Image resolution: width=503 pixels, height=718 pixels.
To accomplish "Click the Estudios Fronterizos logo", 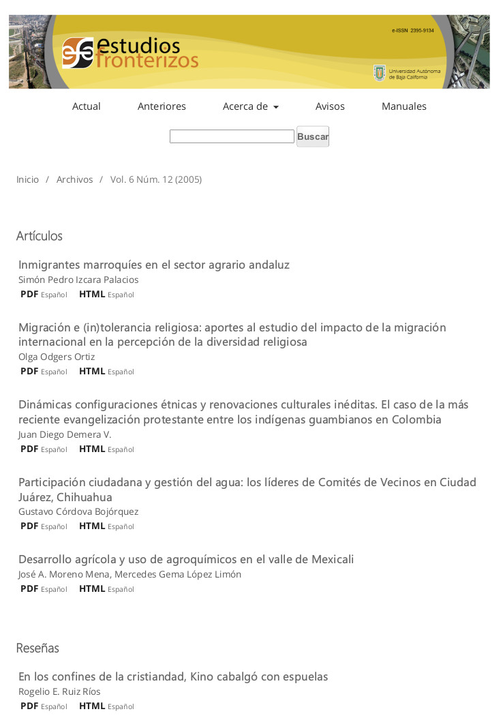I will (129, 53).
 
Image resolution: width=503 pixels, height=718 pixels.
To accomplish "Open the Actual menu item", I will (87, 106).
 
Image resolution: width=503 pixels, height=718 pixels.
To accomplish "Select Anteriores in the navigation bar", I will (162, 106).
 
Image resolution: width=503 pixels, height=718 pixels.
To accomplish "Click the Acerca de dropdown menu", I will (250, 106).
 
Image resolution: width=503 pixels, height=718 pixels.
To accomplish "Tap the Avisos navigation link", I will (330, 106).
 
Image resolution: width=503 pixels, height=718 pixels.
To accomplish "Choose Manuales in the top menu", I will (403, 106).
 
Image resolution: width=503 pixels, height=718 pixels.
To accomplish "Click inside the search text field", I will (232, 136).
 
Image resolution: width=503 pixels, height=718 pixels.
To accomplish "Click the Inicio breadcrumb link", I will (28, 179).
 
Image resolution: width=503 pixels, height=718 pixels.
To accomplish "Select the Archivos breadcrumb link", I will (74, 179).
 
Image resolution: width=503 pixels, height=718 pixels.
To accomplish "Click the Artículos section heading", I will (40, 236).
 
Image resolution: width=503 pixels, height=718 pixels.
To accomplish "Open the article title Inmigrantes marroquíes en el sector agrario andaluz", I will (154, 265).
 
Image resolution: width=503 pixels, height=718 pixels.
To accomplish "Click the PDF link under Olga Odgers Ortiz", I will (29, 371).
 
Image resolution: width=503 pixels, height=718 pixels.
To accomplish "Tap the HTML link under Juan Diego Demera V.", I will (92, 449).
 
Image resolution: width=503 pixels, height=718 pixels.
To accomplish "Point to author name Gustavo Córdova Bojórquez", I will (78, 511).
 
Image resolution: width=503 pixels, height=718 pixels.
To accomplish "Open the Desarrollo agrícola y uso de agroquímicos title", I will (186, 559).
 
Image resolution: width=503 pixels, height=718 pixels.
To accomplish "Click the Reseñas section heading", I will (37, 648).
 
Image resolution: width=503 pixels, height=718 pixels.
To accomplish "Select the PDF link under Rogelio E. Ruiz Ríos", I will (29, 706).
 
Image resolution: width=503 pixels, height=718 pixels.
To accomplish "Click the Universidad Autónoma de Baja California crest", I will (380, 73).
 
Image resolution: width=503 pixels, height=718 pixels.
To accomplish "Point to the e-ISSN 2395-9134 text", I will (413, 31).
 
